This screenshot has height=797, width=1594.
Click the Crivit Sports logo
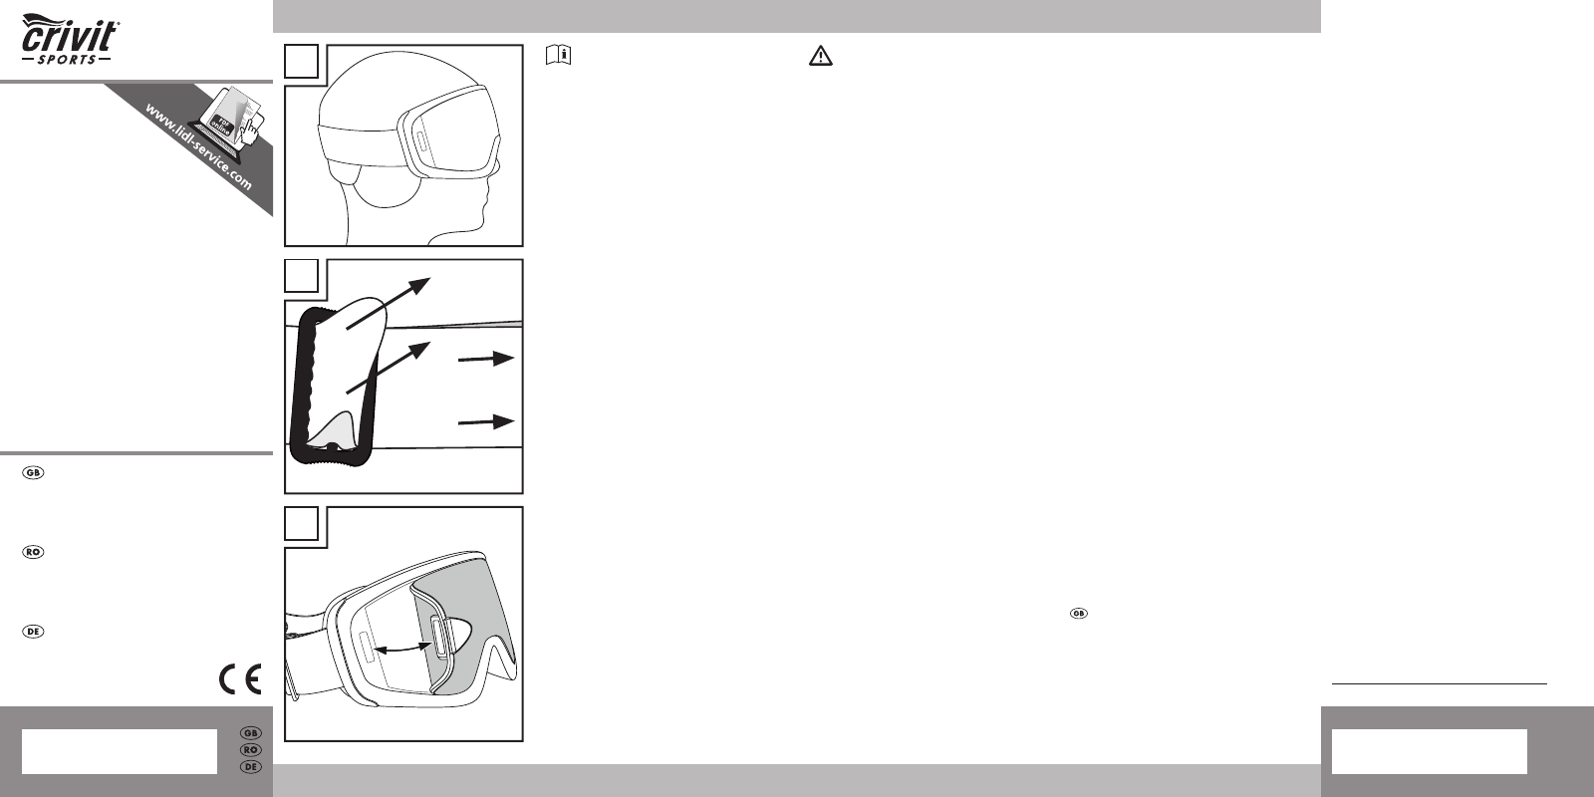click(x=70, y=40)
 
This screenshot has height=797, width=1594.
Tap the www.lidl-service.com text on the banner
click(x=198, y=147)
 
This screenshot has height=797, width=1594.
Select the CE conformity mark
click(x=240, y=678)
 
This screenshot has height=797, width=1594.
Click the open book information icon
click(x=559, y=56)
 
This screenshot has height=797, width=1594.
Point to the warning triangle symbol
click(x=821, y=56)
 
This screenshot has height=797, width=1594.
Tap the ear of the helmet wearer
click(x=389, y=186)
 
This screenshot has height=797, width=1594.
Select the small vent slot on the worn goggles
click(x=419, y=141)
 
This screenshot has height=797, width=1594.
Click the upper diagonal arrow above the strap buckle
click(x=389, y=303)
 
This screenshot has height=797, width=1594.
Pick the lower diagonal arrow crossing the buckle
click(x=389, y=368)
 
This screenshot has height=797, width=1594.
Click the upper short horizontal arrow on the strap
click(x=486, y=359)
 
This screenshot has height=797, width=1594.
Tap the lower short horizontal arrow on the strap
click(x=486, y=422)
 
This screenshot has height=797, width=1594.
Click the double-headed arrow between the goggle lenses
click(x=403, y=649)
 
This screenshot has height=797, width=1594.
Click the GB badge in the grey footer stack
click(x=250, y=733)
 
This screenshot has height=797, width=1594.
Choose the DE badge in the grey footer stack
click(x=250, y=767)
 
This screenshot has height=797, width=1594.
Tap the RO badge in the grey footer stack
click(x=250, y=750)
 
